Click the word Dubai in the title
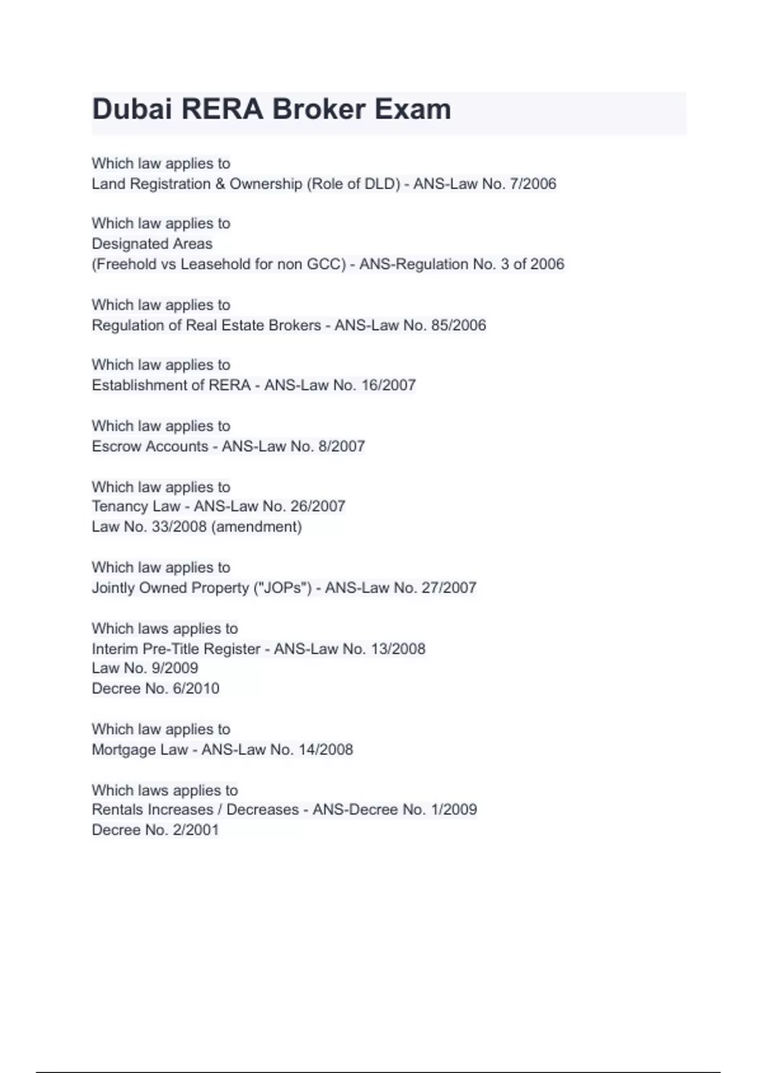click(132, 109)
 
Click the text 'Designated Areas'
click(152, 244)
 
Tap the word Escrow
click(117, 446)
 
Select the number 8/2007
click(341, 446)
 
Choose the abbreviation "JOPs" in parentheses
click(282, 588)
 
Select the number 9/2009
click(174, 668)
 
